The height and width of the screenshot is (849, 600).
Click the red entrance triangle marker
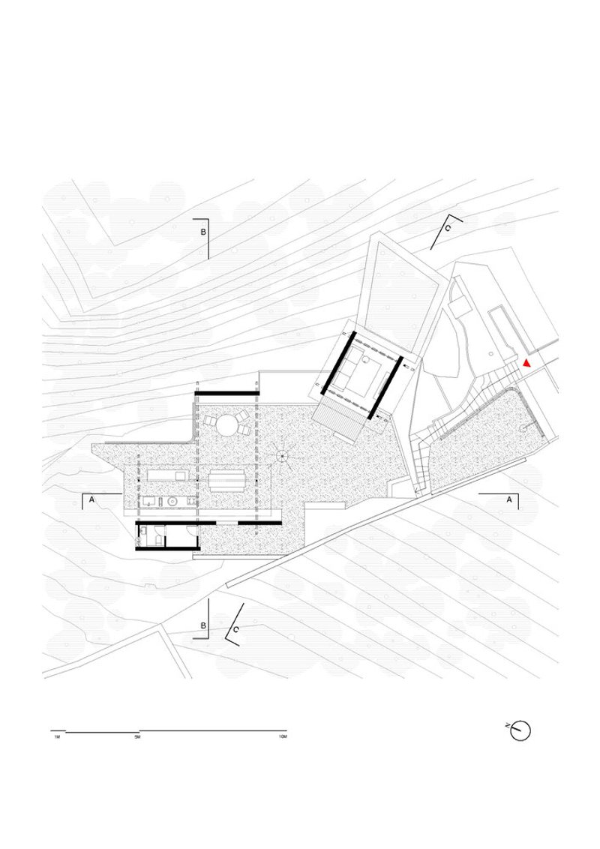pyautogui.click(x=527, y=363)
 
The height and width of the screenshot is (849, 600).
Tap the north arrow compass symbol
pyautogui.click(x=520, y=730)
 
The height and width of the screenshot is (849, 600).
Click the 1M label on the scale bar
pyautogui.click(x=57, y=738)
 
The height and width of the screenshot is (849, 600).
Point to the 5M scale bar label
pyautogui.click(x=137, y=738)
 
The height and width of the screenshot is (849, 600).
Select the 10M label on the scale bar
pyautogui.click(x=282, y=738)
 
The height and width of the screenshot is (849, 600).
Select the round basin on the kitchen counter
pyautogui.click(x=173, y=501)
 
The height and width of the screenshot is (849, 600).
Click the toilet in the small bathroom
pyautogui.click(x=142, y=533)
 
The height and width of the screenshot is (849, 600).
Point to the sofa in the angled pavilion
pyautogui.click(x=364, y=373)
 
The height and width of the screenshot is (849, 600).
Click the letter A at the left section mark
pyautogui.click(x=91, y=499)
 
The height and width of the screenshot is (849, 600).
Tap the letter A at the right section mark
pyautogui.click(x=509, y=499)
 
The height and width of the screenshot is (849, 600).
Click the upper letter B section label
pyautogui.click(x=202, y=232)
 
